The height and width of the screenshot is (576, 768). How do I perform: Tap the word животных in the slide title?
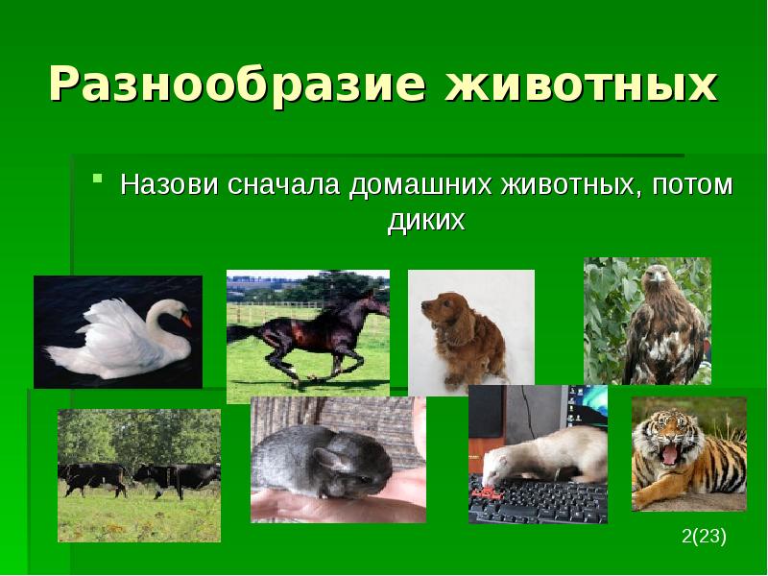(580, 85)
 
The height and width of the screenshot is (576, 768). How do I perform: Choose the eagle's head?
(658, 281)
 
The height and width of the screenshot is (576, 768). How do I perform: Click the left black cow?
(94, 477)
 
